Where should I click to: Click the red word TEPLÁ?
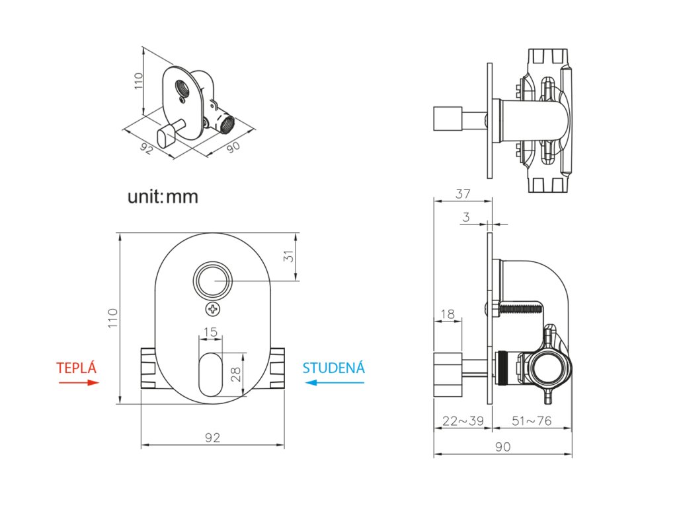pyautogui.click(x=76, y=368)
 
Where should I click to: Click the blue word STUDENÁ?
pyautogui.click(x=333, y=368)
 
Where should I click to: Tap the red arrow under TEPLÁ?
pyautogui.click(x=82, y=382)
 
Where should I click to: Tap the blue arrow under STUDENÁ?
pyautogui.click(x=329, y=382)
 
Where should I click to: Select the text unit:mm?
pyautogui.click(x=163, y=196)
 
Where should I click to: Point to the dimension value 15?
pyautogui.click(x=210, y=332)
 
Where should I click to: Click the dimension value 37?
pyautogui.click(x=463, y=194)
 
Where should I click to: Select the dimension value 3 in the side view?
pyautogui.click(x=466, y=217)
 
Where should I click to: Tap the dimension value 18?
pyautogui.click(x=448, y=314)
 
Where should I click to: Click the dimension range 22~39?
pyautogui.click(x=462, y=421)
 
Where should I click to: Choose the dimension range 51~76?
pyautogui.click(x=532, y=421)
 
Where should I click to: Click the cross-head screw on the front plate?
pyautogui.click(x=213, y=309)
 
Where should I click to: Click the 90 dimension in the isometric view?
pyautogui.click(x=233, y=147)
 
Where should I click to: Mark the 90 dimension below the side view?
pyautogui.click(x=503, y=448)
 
